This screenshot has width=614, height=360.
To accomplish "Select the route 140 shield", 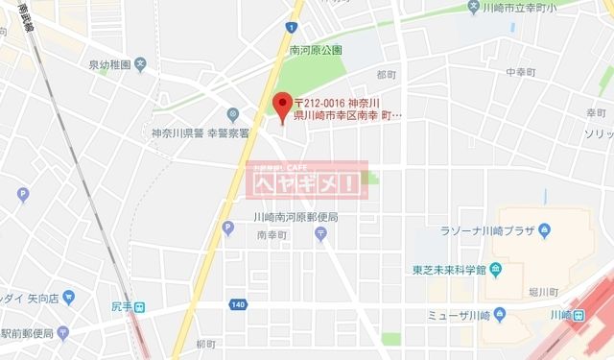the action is coord(237,304).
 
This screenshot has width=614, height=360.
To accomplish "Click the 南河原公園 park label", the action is coord(316,49).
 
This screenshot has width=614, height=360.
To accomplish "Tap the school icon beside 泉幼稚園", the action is coord(140,65).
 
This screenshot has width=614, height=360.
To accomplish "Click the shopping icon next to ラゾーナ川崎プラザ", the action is coord(544,229).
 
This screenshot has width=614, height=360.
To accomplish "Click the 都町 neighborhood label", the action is coord(387,74).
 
